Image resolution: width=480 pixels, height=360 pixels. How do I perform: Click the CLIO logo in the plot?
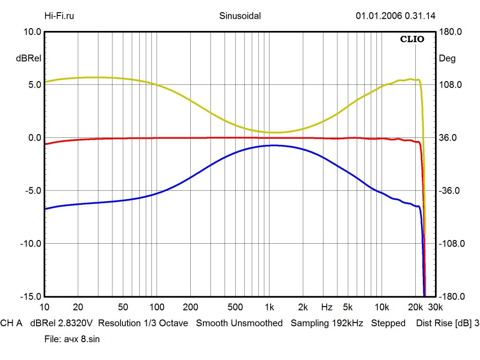(x=412, y=39)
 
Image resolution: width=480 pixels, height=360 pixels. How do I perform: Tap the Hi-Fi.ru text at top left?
(x=59, y=16)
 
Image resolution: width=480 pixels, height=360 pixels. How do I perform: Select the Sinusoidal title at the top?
(x=240, y=16)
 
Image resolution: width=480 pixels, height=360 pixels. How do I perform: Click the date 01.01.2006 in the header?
(x=376, y=16)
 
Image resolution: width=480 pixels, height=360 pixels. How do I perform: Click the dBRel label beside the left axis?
(x=29, y=59)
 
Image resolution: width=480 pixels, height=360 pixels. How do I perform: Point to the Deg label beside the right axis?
(x=447, y=59)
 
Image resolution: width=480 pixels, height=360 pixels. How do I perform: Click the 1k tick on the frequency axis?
(x=269, y=307)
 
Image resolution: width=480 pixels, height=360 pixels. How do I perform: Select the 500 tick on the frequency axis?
(x=235, y=307)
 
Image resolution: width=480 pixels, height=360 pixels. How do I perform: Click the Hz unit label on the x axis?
(x=327, y=307)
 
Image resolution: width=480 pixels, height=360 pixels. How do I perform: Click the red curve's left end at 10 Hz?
(x=45, y=144)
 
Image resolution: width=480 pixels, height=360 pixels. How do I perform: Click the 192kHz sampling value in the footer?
(x=345, y=323)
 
